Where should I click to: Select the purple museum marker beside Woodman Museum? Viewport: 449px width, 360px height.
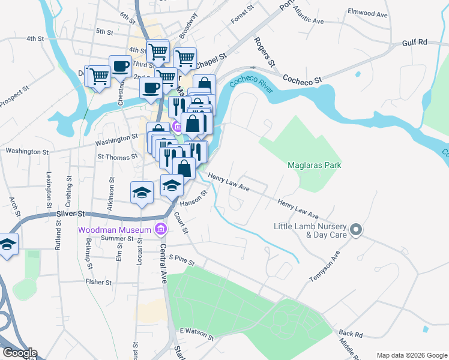tap(160, 229)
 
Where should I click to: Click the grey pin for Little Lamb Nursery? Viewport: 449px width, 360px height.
tap(356, 229)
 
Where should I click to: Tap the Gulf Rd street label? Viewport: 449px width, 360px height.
tap(414, 42)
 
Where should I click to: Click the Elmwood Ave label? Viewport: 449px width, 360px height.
tap(369, 13)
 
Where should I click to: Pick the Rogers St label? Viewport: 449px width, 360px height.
tap(264, 52)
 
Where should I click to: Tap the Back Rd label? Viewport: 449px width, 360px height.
tap(351, 333)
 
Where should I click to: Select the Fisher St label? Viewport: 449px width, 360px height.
tap(98, 281)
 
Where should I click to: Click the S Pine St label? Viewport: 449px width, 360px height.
tap(183, 257)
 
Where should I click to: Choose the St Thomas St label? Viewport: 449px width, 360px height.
tap(118, 156)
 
